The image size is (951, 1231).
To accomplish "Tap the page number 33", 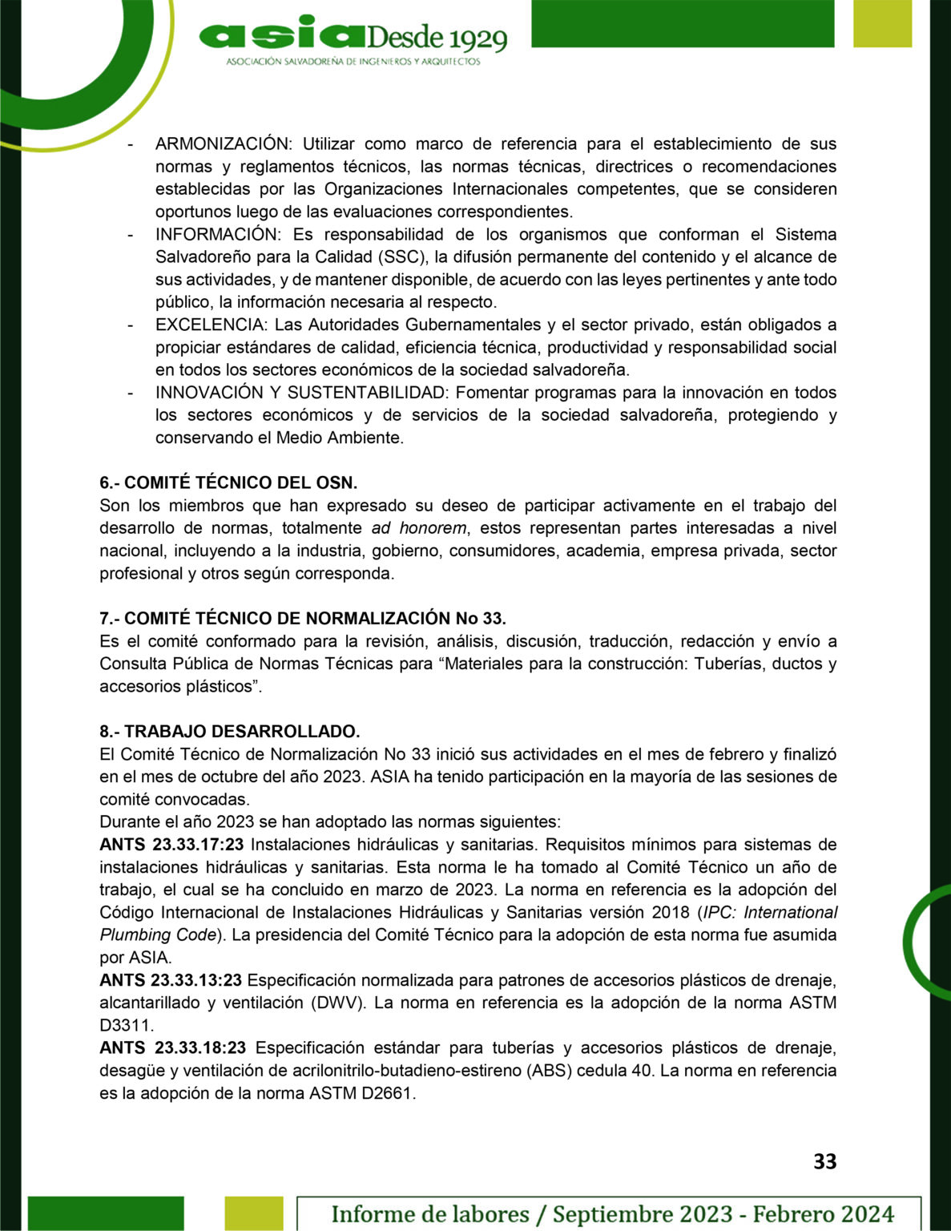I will point(824,1161).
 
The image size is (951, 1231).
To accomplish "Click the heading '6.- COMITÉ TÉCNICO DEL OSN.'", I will point(228,482).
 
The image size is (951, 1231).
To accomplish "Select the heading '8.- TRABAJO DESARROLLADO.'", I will point(230,732).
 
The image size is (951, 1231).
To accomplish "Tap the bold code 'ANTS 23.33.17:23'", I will point(171,845).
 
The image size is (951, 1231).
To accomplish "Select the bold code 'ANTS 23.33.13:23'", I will point(171,980).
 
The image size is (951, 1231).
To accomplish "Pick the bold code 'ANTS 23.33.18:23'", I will point(172,1047).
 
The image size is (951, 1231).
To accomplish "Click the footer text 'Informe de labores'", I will point(430,1213).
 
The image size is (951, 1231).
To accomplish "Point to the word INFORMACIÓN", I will point(216,235).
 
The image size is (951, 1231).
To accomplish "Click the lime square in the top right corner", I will point(882,23).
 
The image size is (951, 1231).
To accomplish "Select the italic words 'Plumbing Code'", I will point(158,935).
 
